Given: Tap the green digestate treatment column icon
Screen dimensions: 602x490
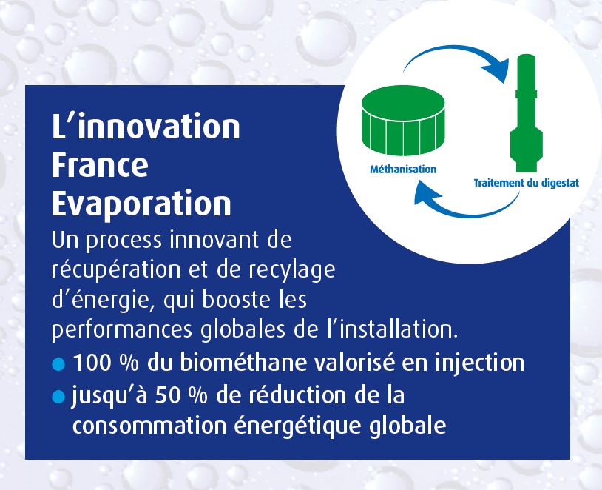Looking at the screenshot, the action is (527, 113).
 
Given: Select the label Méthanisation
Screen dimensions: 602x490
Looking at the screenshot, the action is (403, 169).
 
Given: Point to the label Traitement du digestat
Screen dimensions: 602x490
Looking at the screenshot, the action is (527, 183).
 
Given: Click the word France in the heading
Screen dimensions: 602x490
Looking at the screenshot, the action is (100, 165).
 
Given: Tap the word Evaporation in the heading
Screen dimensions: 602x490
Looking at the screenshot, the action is (141, 204).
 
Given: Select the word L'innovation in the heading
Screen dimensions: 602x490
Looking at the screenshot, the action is (146, 126).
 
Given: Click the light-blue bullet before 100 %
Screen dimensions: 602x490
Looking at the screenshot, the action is (58, 364).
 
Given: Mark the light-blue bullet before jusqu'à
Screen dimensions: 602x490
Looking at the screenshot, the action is (58, 397).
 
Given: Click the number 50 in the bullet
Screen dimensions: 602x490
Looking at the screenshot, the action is (168, 395).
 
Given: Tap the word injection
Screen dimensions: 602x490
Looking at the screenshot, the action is (479, 363).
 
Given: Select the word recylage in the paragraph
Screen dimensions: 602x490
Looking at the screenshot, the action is (292, 271).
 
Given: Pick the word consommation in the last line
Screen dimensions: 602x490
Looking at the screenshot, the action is (149, 425).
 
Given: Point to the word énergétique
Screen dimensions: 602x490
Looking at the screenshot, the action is (298, 425).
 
